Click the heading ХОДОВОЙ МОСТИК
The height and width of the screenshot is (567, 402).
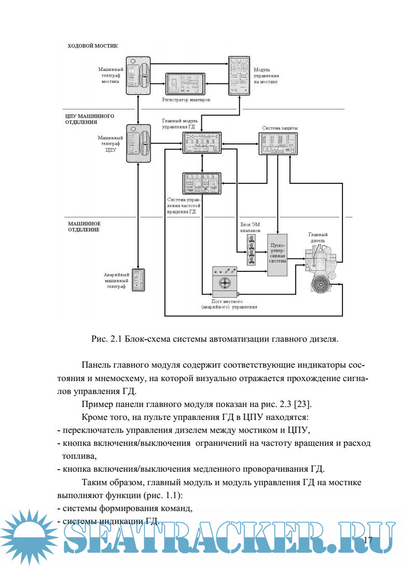click(92, 46)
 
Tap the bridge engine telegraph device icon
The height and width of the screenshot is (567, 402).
click(138, 76)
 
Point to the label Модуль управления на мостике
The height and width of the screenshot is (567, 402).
click(265, 75)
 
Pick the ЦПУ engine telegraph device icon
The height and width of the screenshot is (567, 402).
click(138, 143)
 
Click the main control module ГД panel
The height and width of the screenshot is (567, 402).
click(202, 142)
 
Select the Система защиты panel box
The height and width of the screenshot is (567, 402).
click(278, 143)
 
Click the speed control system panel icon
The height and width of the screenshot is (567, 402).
click(202, 183)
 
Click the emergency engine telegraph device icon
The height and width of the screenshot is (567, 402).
click(138, 279)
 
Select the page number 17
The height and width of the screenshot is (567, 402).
click(368, 541)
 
